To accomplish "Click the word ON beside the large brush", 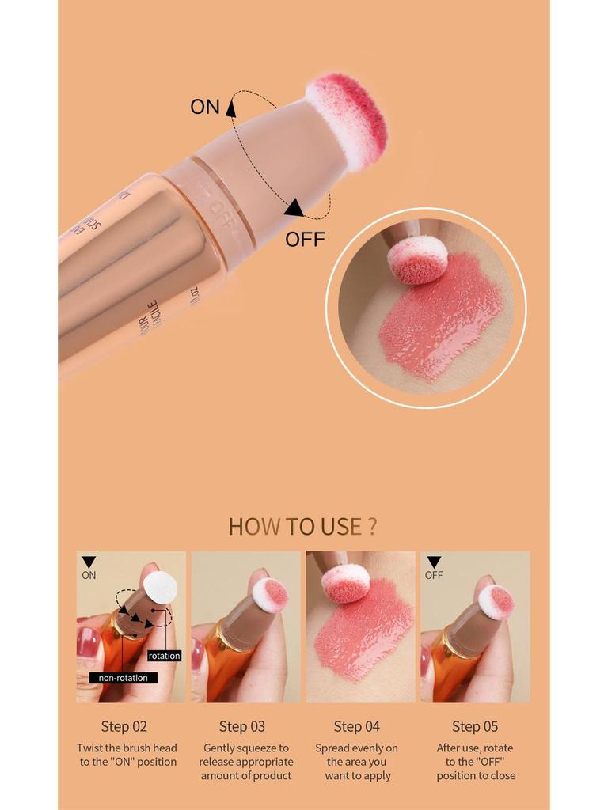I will click(205, 107).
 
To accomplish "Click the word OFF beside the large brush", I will click(305, 239).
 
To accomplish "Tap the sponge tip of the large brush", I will click(348, 119).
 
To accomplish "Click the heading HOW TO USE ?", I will click(302, 526).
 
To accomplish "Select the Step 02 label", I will click(124, 726).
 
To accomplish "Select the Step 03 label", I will click(242, 726).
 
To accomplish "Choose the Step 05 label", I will click(475, 726).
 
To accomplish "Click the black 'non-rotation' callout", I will click(123, 678).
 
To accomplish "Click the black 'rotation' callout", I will click(164, 656).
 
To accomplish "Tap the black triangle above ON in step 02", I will click(89, 562).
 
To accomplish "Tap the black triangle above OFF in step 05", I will click(434, 562).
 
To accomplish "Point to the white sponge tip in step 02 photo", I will click(160, 585).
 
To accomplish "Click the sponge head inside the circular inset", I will click(418, 259).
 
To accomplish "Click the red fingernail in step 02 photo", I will click(87, 641).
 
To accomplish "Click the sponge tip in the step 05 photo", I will click(496, 602).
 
